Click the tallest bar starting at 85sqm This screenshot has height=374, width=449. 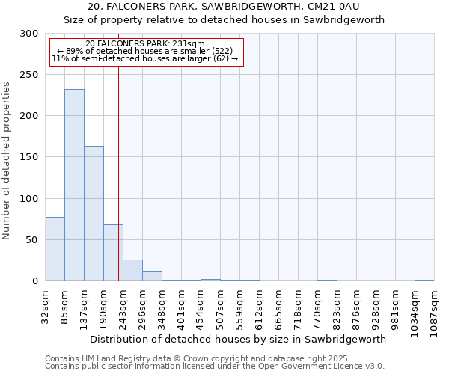point(74,185)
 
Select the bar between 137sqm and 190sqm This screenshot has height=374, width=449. point(94,213)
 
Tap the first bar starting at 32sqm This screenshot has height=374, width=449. point(55,248)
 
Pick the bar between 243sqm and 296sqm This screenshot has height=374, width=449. point(132,270)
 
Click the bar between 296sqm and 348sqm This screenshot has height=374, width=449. point(152,275)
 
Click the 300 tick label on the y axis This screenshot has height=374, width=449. point(29,34)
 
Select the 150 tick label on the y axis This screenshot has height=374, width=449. point(29,157)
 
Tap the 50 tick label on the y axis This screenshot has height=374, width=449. point(32,240)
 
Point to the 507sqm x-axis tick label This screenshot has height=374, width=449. point(220,307)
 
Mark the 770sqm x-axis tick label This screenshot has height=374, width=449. point(317,307)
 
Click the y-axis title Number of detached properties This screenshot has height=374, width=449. point(7,161)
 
